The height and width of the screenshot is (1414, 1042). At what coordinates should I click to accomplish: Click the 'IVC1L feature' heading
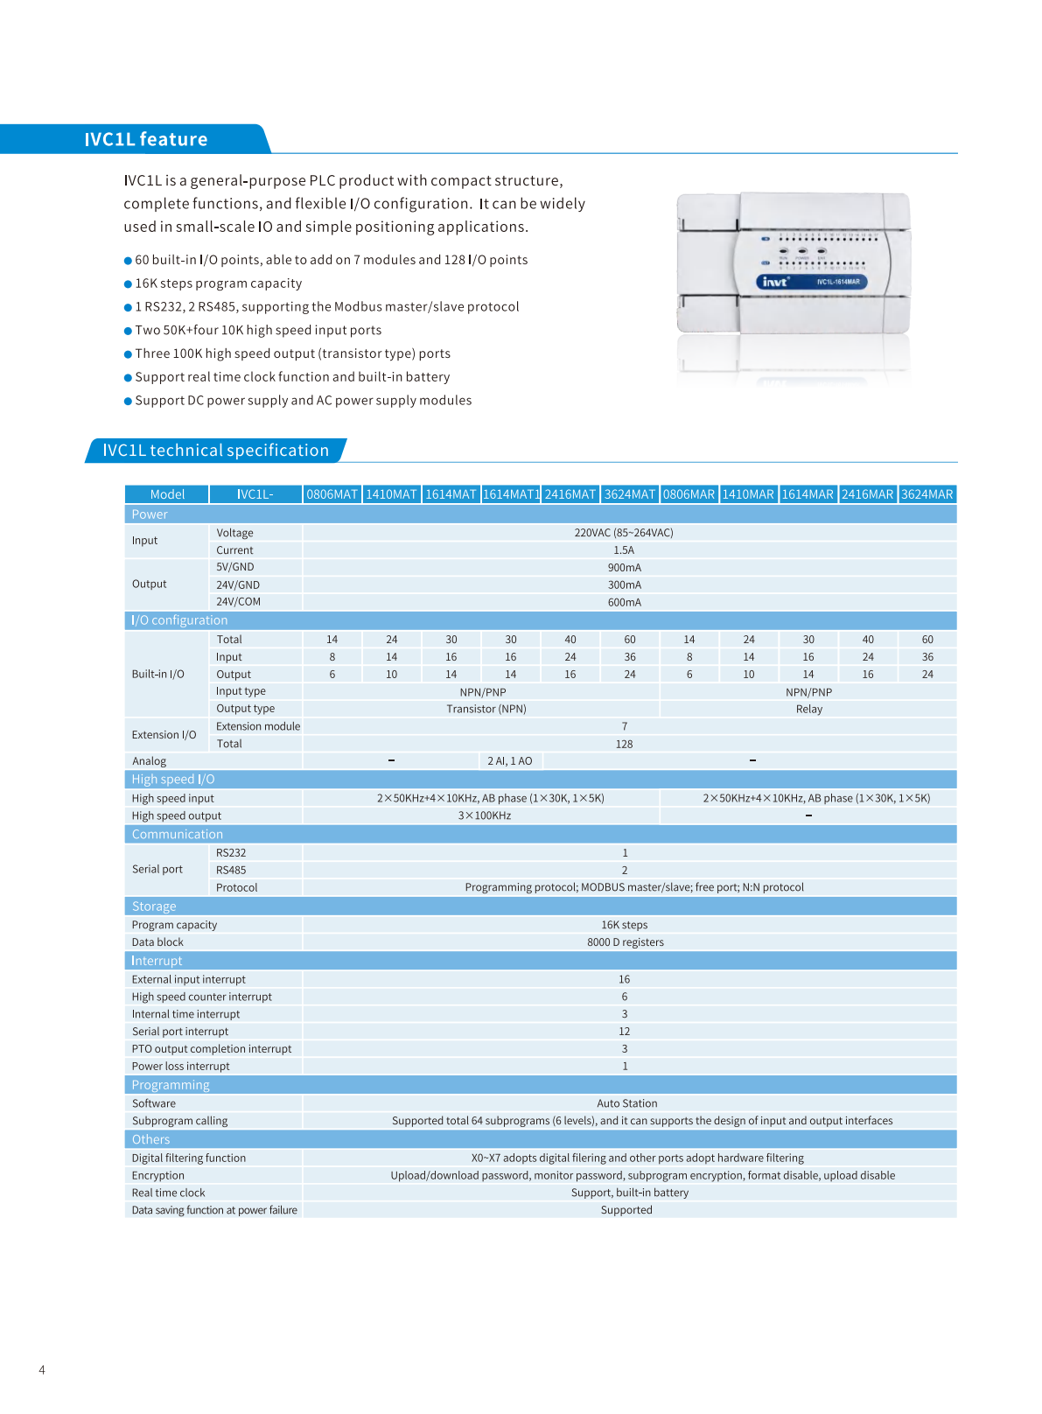tap(146, 140)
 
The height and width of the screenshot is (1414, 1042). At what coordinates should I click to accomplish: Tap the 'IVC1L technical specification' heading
tap(215, 451)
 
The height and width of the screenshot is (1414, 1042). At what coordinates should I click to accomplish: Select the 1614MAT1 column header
tap(511, 494)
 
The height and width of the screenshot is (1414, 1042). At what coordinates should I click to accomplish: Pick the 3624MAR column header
tap(927, 494)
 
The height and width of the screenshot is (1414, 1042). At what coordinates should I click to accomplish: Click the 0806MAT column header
tap(332, 494)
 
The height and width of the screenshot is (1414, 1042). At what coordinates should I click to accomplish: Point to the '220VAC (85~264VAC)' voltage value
tap(624, 533)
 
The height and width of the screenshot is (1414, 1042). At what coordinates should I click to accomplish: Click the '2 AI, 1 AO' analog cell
tap(510, 761)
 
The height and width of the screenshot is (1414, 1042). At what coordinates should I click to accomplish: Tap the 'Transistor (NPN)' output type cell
tap(486, 709)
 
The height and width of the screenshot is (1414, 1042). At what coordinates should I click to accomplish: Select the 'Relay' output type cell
tap(809, 709)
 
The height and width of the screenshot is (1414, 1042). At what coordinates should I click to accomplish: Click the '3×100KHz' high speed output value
tap(485, 815)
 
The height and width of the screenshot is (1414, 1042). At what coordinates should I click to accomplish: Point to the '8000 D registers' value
tap(626, 942)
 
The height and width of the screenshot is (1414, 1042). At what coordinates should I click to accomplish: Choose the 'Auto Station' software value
tap(627, 1103)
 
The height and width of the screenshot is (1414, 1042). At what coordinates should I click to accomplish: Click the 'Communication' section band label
tap(178, 835)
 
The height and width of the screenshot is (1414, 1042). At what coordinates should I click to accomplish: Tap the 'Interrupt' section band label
tap(157, 961)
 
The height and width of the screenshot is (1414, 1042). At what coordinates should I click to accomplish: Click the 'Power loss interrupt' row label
tap(181, 1067)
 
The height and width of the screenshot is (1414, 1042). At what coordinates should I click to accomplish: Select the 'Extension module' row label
tap(258, 726)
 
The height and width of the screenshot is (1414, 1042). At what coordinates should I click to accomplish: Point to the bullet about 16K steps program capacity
tap(219, 283)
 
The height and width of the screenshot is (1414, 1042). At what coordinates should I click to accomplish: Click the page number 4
tap(42, 1370)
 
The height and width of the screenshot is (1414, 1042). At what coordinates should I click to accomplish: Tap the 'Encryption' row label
tap(158, 1176)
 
